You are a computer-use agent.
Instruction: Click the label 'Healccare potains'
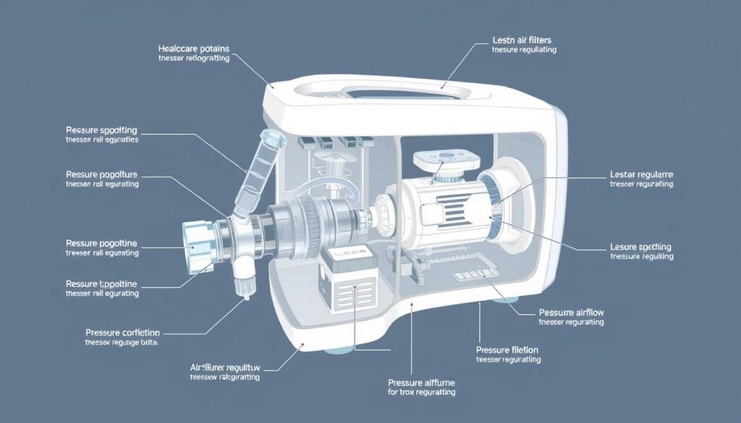point(193,48)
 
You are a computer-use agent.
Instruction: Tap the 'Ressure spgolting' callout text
point(101,130)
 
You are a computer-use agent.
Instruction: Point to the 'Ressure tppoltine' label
point(101,283)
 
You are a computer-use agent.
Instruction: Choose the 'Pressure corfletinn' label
point(122,333)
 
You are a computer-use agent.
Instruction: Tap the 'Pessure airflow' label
point(572,312)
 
